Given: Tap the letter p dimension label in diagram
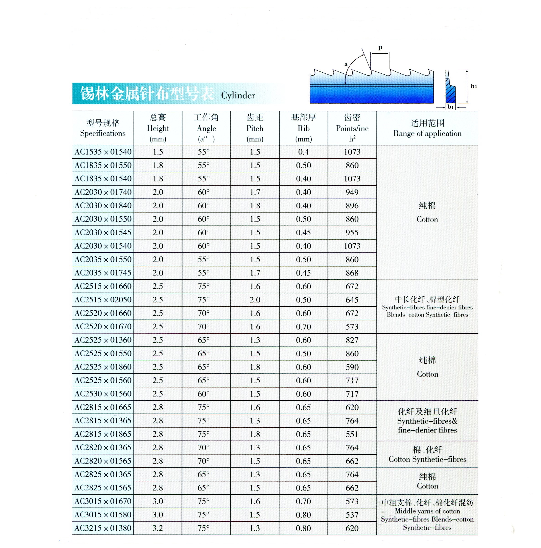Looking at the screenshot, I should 380,48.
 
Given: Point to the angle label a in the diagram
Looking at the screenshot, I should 346,64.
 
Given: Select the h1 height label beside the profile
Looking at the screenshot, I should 473,86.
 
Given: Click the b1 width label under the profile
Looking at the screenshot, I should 450,107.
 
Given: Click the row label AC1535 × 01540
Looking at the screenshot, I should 103,152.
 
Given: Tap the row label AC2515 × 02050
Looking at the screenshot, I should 103,299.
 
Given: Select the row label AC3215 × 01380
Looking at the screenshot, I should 103,528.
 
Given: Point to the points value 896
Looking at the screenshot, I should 352,206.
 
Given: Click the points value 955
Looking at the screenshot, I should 352,233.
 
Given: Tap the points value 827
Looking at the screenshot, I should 352,340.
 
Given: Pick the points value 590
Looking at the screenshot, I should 352,367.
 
